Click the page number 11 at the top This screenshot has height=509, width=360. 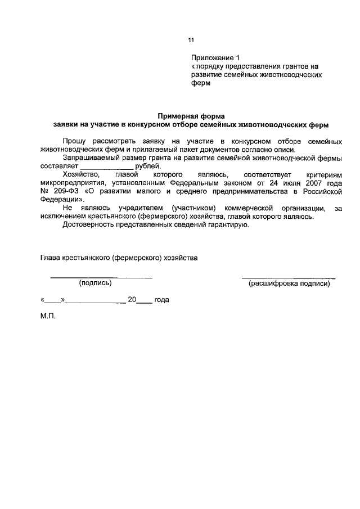pyautogui.click(x=191, y=40)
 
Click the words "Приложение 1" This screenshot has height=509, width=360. pyautogui.click(x=215, y=57)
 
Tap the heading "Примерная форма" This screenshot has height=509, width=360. pyautogui.click(x=190, y=115)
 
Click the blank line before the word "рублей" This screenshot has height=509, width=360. pyautogui.click(x=106, y=167)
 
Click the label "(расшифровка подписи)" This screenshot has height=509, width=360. pyautogui.click(x=289, y=283)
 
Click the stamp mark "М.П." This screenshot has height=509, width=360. pyautogui.click(x=48, y=316)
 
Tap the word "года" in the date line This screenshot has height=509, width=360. pyautogui.click(x=161, y=300)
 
